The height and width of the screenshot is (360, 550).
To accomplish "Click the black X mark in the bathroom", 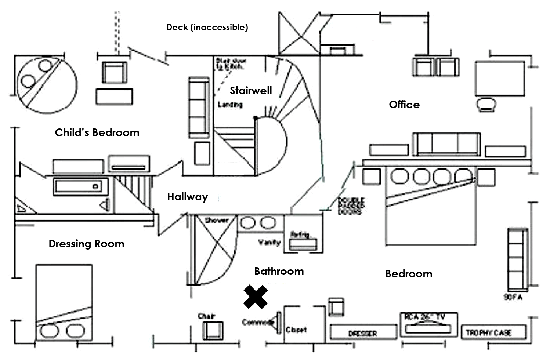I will pos(256,297).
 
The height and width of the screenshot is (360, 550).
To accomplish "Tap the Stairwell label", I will pos(251,90).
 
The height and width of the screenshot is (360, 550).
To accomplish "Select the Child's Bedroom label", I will pos(97,132).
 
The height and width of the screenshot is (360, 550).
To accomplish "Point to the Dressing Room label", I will pos(86,244).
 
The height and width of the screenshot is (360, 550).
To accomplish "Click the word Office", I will pos(404,105).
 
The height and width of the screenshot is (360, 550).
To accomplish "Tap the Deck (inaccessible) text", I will pos(207,27).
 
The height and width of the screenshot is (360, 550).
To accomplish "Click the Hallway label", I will pos(188,197).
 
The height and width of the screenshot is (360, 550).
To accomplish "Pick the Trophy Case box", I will pos(493,332).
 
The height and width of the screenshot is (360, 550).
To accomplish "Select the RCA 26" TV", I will pos(428,325).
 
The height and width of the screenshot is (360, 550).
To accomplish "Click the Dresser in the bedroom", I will pos(363,333).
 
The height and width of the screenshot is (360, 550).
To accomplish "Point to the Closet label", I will pos(296,330).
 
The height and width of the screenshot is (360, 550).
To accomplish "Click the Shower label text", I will pos(217,221).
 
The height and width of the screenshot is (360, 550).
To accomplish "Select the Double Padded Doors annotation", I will pos(351,206).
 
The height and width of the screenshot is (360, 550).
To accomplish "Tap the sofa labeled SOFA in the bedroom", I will pos(517,259).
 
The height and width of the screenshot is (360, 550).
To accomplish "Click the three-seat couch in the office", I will pos(446,144).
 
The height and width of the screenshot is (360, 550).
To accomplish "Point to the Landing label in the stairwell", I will pos(230,105).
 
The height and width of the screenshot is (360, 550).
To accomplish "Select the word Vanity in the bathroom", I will pos(269,242).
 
